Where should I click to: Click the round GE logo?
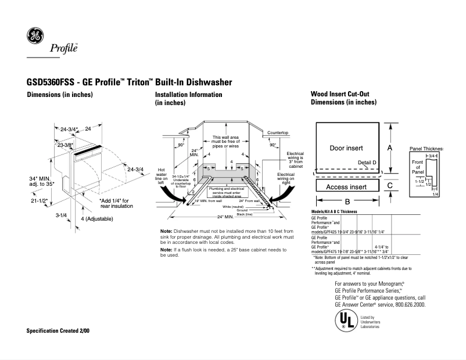35,37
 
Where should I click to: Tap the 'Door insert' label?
346,149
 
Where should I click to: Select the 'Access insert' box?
346,187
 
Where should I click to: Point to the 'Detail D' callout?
367,162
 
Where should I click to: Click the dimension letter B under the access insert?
347,201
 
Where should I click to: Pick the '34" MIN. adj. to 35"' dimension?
41,181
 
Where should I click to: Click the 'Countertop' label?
278,133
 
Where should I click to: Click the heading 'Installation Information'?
188,94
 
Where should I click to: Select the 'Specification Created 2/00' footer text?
58,330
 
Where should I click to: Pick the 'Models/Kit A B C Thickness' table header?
334,212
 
